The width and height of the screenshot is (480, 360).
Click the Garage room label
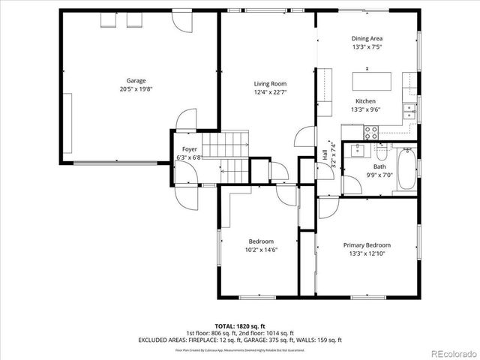point(136,80)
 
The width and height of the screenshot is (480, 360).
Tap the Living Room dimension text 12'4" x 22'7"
point(270,93)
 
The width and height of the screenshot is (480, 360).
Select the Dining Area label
point(367,38)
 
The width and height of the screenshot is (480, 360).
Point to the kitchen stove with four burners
point(370,132)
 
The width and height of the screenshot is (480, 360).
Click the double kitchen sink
point(409,112)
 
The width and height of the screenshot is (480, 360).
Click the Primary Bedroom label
point(367,245)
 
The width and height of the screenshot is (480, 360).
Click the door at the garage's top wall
point(179,22)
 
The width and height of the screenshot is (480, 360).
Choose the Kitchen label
point(365,101)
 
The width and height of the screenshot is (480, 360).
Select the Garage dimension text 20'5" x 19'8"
point(136,89)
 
